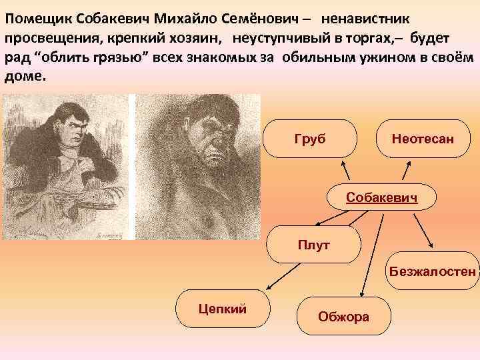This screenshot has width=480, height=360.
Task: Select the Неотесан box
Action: click(x=423, y=139)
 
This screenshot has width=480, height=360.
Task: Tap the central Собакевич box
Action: click(x=381, y=199)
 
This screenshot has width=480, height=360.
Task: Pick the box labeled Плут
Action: click(x=313, y=245)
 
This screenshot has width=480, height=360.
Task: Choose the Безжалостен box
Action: click(x=433, y=272)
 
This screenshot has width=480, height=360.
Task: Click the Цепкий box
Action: click(x=223, y=308)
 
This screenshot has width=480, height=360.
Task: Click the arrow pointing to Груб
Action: click(x=350, y=171)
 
